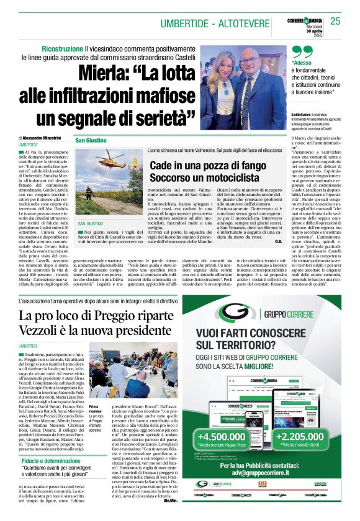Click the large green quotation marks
click(302, 53)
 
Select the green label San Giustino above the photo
click(91, 141)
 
